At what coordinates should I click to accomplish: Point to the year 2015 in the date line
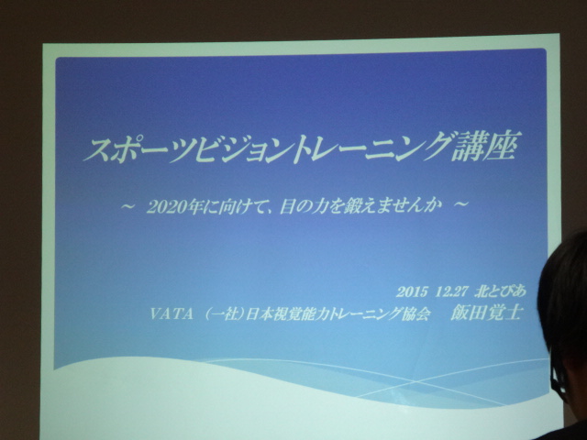(x=412, y=292)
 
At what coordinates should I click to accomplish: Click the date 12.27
(x=450, y=291)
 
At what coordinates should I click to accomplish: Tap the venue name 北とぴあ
(x=500, y=291)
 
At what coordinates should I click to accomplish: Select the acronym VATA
(x=172, y=313)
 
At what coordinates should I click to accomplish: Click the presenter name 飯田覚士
(x=486, y=313)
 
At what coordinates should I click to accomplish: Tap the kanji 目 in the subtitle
(x=287, y=207)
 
